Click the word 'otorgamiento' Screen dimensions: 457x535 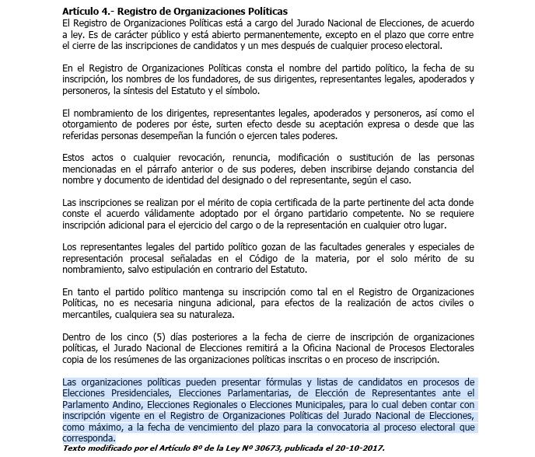91,124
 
